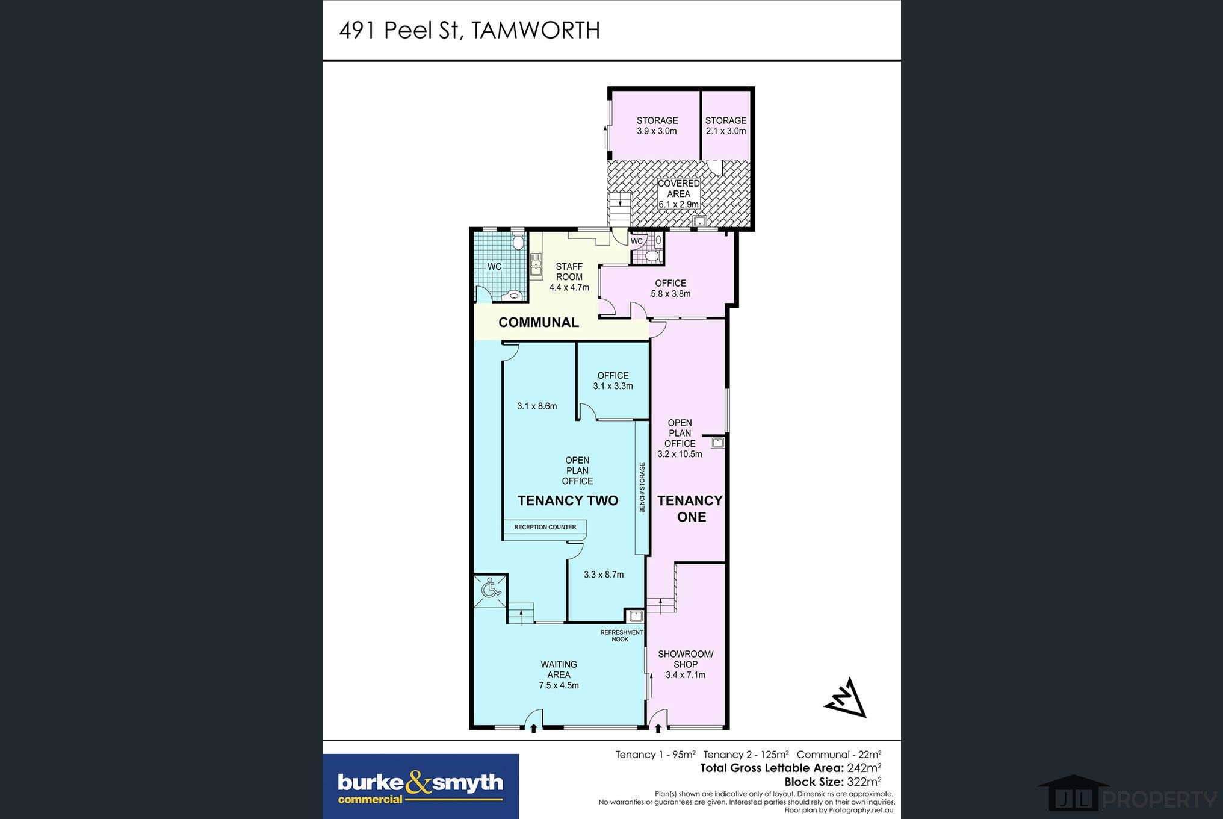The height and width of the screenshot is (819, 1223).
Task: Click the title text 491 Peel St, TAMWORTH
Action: click(469, 30)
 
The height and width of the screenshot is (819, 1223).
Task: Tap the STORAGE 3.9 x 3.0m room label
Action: click(657, 126)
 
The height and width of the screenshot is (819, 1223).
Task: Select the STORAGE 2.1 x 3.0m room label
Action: click(726, 126)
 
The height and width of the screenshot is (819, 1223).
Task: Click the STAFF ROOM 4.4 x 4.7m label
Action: click(569, 277)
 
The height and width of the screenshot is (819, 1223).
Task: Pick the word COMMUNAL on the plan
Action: click(539, 322)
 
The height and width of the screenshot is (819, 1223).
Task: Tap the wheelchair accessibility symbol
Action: click(491, 588)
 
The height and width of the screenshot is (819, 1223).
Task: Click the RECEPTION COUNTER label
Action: click(545, 527)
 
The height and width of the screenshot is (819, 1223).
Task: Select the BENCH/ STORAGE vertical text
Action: click(642, 488)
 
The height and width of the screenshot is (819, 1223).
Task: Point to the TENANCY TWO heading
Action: click(568, 500)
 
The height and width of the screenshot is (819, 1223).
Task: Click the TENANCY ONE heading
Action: click(690, 509)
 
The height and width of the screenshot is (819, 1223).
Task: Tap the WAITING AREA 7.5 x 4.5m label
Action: click(559, 674)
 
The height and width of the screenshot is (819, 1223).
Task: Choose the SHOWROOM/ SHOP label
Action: click(686, 664)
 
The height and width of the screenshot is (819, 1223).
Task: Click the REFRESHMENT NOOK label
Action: click(622, 636)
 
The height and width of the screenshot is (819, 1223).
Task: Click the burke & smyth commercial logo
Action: click(421, 786)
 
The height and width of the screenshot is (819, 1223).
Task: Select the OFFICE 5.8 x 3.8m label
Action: click(670, 288)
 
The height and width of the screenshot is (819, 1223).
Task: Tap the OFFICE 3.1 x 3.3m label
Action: click(613, 381)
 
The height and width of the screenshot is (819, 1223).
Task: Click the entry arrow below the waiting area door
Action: click(533, 729)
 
